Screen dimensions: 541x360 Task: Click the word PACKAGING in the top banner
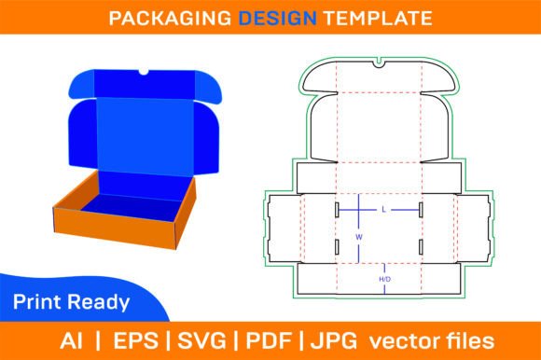coord(170,18)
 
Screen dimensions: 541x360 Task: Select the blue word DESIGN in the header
coord(278,18)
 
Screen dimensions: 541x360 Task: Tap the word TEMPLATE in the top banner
coord(378,18)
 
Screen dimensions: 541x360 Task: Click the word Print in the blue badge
coord(37,302)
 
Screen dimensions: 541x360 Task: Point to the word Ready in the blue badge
coord(99,303)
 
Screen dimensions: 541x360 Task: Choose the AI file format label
coord(72,340)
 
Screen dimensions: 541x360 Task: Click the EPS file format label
coord(135,340)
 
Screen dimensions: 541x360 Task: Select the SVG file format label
coord(201,340)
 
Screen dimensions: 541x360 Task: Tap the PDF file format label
coord(269,340)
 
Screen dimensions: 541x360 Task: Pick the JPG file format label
coord(334,340)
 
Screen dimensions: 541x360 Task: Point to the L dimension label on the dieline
coord(383,210)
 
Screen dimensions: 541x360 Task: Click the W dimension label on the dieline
coord(359,237)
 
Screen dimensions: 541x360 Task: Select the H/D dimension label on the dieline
coord(384,279)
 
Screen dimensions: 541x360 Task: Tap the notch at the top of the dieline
coord(379,62)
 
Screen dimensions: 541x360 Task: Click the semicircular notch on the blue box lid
coord(144,72)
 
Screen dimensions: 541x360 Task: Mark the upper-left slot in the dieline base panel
coord(337,210)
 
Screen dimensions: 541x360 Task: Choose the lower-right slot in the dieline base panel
coord(421,247)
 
